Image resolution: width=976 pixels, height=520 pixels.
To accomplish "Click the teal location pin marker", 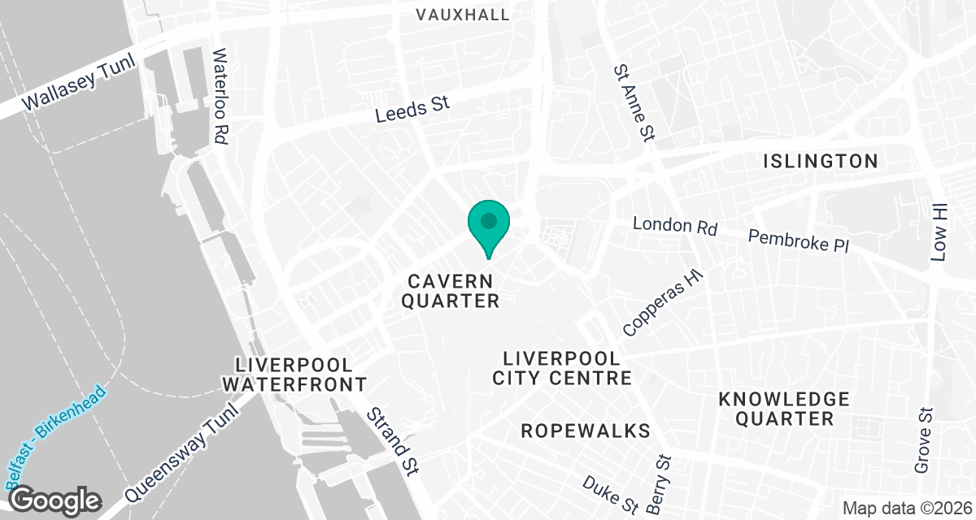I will (x=489, y=224).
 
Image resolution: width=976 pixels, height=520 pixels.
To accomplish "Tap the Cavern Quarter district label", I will (x=452, y=291).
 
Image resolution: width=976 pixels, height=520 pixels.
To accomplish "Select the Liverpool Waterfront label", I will (x=294, y=374).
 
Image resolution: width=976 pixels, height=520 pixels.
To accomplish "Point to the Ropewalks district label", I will (x=586, y=430).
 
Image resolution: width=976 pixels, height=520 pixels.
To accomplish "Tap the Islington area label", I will (x=821, y=161).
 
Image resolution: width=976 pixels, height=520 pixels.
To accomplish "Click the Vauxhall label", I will (x=463, y=15).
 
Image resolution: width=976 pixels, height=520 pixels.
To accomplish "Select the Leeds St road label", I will (x=413, y=109).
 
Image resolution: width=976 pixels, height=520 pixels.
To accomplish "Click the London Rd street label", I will (x=674, y=225).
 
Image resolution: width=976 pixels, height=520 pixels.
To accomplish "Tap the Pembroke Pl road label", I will (x=798, y=240).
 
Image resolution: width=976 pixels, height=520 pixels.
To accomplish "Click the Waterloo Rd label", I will (x=219, y=97).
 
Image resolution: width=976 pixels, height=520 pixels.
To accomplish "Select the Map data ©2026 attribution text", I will (x=906, y=509).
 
